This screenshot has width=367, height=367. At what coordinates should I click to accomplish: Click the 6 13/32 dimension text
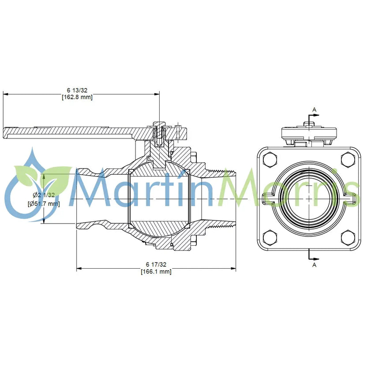(x=77, y=90)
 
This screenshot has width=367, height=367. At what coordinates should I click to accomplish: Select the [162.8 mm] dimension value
(x=77, y=97)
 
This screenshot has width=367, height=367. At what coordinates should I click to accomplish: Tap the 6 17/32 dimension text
(x=156, y=265)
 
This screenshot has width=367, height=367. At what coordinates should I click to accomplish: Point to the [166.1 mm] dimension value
(x=156, y=272)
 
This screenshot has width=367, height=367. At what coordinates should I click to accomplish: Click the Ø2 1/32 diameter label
(x=44, y=195)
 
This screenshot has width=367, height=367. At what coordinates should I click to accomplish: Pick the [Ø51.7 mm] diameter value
(x=44, y=204)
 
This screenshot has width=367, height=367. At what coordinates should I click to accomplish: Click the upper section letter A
(x=315, y=109)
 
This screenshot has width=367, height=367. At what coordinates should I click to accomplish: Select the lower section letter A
(x=315, y=265)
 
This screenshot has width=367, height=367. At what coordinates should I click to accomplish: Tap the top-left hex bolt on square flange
(x=270, y=159)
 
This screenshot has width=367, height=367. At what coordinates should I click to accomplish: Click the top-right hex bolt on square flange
(x=348, y=159)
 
